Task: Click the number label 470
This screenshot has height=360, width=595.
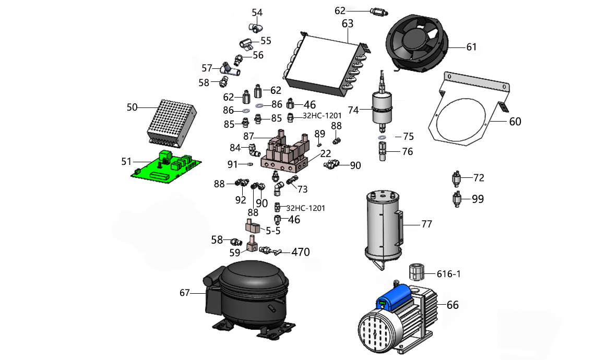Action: click(300, 252)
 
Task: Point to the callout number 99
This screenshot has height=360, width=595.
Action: click(478, 199)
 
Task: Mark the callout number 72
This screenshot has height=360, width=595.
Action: click(479, 178)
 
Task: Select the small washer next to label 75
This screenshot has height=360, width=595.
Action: click(382, 137)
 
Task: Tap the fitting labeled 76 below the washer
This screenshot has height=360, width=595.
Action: click(382, 152)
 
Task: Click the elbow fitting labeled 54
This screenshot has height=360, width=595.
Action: click(255, 26)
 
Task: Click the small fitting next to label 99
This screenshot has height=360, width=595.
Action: click(458, 199)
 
